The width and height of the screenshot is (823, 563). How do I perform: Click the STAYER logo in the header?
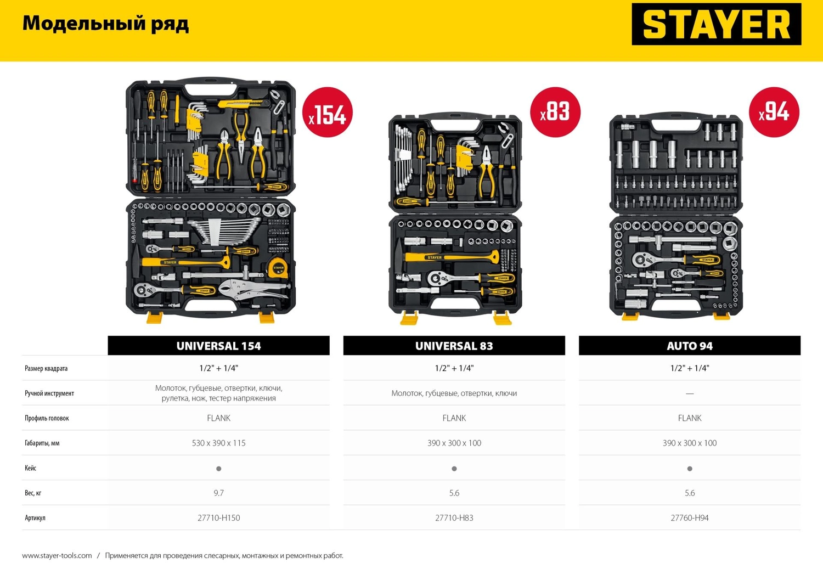click(716, 24)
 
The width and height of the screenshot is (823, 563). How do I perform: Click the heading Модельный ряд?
click(106, 24)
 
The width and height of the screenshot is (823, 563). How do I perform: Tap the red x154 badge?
click(328, 112)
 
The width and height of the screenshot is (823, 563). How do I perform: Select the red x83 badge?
click(555, 112)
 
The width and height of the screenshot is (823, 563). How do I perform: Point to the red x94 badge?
click(774, 112)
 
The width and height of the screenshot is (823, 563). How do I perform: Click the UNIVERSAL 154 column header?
click(218, 346)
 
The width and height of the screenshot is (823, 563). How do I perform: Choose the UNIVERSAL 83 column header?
click(454, 346)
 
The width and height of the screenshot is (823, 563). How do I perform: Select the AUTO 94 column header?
click(690, 346)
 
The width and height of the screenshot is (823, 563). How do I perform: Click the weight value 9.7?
click(218, 493)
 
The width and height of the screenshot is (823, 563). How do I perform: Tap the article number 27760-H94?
click(690, 518)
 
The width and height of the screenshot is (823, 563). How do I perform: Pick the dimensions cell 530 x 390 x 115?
click(218, 443)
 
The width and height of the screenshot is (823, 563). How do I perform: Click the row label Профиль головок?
click(47, 418)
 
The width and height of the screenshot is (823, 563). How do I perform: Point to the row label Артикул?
click(35, 518)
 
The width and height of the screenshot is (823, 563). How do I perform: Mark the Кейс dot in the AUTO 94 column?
click(690, 469)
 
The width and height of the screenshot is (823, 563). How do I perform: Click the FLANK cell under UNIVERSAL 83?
click(454, 418)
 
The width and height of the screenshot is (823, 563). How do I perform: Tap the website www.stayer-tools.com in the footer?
click(57, 555)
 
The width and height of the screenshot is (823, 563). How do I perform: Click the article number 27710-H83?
click(454, 518)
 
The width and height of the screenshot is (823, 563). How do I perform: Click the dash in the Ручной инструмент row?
click(690, 393)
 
